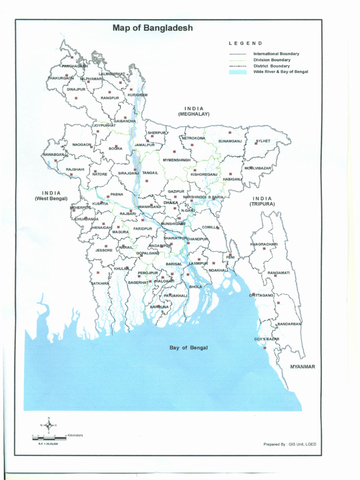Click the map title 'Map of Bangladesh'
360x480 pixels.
tap(152, 28)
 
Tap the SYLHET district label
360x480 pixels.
tap(263, 141)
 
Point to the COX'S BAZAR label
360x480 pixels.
tap(267, 339)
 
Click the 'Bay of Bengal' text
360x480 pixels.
tap(188, 348)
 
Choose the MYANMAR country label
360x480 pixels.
tap(302, 367)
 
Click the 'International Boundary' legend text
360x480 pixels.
tap(276, 54)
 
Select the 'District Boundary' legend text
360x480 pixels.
tap(271, 66)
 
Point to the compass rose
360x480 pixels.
tap(49, 425)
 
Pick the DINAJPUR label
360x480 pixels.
tap(76, 89)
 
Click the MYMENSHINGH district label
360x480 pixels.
tap(177, 160)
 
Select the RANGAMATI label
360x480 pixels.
tap(278, 273)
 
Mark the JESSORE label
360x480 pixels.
tap(104, 250)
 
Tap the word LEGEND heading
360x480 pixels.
tap(245, 43)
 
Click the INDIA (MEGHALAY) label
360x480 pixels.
tap(194, 111)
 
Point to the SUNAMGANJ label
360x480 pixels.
tap(229, 141)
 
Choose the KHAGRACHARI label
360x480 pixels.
tap(264, 244)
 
